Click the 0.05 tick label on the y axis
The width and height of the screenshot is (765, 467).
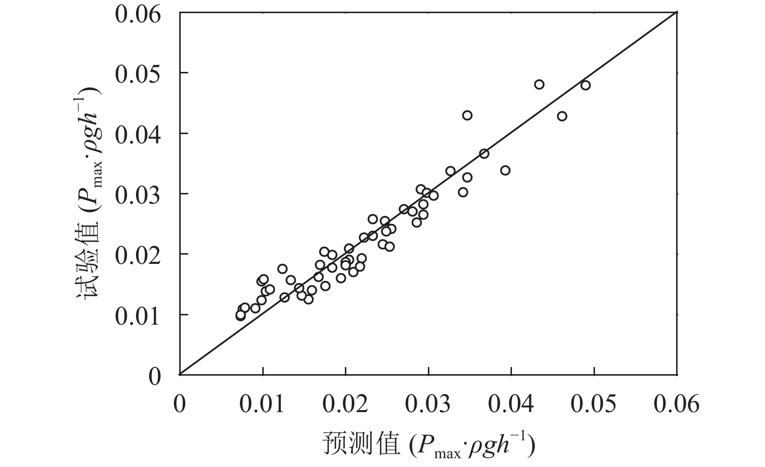coord(137,73)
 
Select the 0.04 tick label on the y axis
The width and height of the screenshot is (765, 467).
coord(137,134)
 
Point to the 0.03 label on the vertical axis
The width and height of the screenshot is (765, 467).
coord(137,194)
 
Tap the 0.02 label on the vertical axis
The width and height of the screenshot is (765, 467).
coord(137,254)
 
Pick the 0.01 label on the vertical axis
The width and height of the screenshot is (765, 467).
coord(137,315)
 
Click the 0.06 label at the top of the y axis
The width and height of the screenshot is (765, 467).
coord(137,14)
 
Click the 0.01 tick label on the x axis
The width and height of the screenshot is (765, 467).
coord(263,404)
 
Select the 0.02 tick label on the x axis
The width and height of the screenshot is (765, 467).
coord(345,404)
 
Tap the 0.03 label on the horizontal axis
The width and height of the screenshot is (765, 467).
coord(428,404)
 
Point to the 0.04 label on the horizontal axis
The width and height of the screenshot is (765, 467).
coord(511,404)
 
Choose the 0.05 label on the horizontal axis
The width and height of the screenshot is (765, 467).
coord(594,404)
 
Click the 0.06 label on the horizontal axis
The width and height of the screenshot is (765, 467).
coord(677,404)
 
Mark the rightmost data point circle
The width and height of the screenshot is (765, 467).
coord(585,86)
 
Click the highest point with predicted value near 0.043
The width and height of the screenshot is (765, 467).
coord(539,85)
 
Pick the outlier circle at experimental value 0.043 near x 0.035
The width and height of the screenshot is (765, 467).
coord(467,115)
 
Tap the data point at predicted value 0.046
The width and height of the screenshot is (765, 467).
coord(562,116)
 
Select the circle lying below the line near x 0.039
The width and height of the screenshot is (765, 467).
coord(505,171)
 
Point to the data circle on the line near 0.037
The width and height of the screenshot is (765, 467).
coord(484,154)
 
